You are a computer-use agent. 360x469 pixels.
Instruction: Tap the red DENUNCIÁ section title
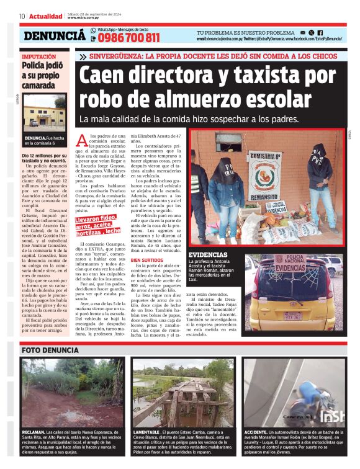[x=55, y=37]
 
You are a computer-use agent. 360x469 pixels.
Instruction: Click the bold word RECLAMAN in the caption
[x=33, y=431]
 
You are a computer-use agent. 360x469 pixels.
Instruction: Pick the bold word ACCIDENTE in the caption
[x=256, y=431]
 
